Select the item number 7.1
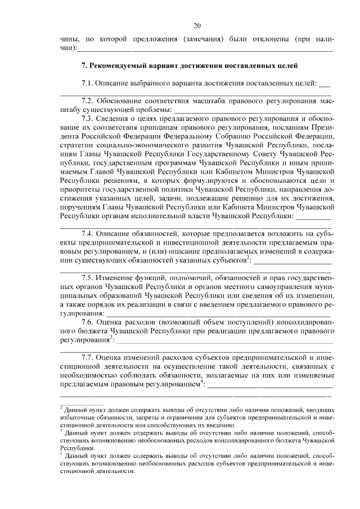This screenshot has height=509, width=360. coord(88,83)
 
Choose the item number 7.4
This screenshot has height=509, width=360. coord(88,233)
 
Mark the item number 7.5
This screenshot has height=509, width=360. coord(88,278)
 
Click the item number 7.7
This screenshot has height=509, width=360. coord(88,358)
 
